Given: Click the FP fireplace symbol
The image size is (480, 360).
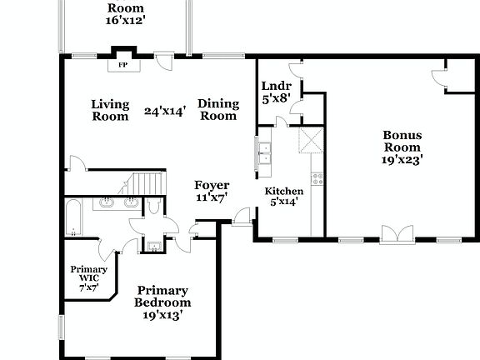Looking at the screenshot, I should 122,64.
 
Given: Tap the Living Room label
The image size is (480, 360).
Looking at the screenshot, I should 110,110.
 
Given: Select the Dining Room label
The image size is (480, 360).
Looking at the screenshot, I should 218,110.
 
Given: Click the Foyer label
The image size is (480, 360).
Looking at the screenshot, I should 212,185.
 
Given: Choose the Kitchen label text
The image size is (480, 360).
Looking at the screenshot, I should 284,192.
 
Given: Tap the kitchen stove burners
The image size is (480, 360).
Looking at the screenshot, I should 317,178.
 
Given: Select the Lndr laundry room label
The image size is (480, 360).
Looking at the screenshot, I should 276,86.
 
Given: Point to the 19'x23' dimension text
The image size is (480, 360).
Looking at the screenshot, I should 402,158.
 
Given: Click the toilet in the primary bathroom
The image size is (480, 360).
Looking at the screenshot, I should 155,207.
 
